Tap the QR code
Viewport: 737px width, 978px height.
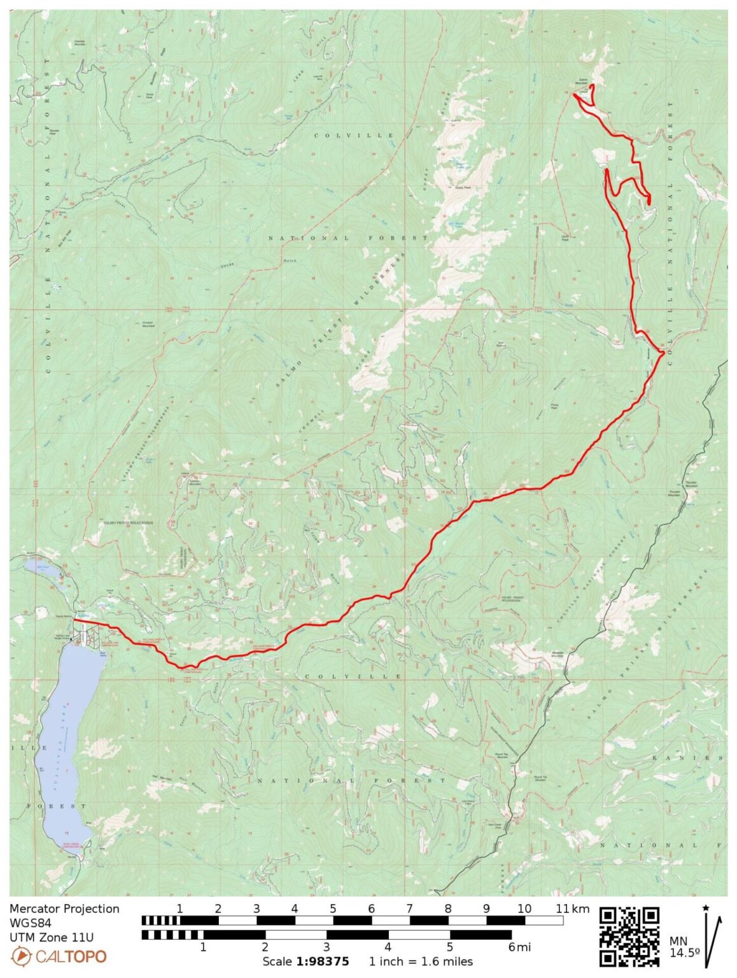[629, 937]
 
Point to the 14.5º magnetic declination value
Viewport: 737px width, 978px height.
[684, 953]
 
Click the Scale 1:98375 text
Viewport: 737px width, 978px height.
[305, 961]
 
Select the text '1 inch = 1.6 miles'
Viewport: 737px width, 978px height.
[421, 961]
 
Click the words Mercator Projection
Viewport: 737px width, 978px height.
[64, 909]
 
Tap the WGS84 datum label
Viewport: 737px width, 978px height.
[30, 923]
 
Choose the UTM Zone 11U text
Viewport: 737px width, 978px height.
[52, 937]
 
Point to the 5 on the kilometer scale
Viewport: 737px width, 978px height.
[333, 909]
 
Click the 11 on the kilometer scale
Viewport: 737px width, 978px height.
[561, 909]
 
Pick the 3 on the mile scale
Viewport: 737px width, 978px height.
[326, 947]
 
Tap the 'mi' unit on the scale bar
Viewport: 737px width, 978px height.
[523, 947]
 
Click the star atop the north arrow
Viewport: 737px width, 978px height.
[705, 907]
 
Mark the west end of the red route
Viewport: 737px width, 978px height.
[75, 619]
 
